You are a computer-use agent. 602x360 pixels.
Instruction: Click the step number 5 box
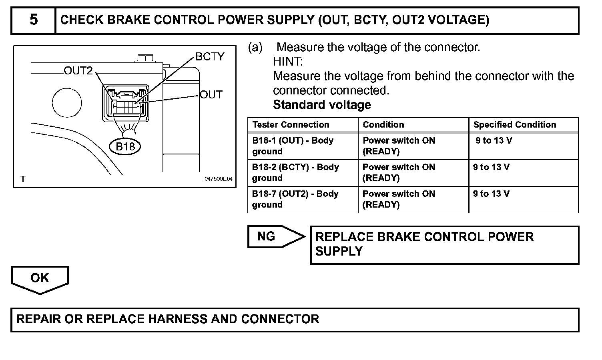(34, 20)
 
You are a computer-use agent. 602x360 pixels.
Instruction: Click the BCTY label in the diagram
(210, 57)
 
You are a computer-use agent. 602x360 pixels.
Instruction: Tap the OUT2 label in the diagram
(78, 71)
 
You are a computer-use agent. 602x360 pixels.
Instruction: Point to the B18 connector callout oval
(125, 146)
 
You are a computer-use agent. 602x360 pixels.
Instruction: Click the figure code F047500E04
(217, 179)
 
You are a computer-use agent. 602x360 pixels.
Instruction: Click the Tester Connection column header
(291, 125)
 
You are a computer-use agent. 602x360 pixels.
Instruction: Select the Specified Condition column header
(514, 125)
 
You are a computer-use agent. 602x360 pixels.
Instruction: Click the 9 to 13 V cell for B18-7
(492, 194)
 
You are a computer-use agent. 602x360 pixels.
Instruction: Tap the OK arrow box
(40, 279)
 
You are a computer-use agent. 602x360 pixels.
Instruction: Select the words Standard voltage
(322, 105)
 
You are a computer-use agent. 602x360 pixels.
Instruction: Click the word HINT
(288, 62)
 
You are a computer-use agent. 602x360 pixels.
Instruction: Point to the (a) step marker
(255, 48)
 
